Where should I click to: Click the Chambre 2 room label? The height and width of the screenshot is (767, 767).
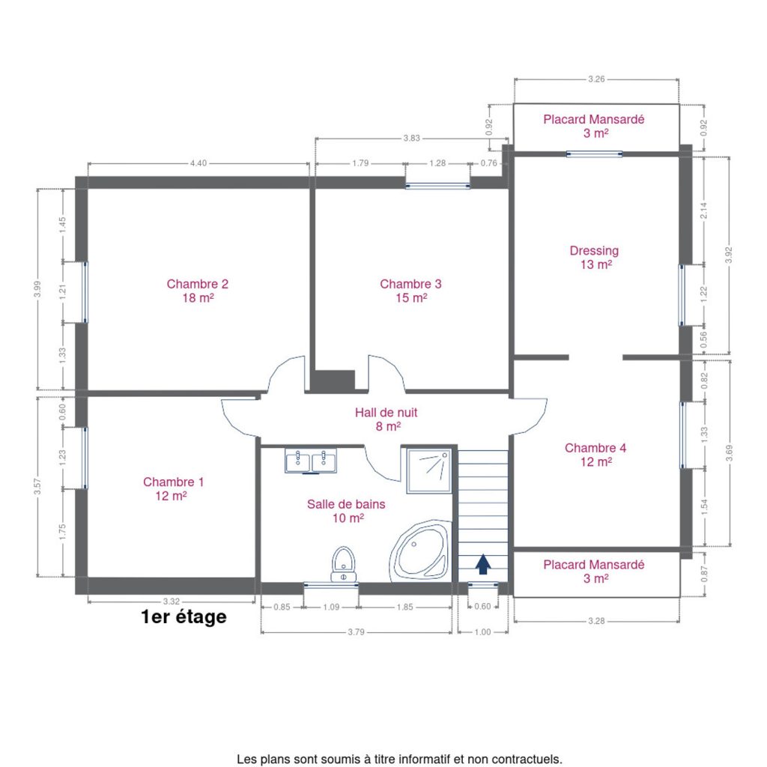click(198, 291)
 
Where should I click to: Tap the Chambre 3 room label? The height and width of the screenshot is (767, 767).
click(411, 291)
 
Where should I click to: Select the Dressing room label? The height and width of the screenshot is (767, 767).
click(594, 258)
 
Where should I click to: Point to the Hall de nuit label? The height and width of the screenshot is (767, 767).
click(386, 419)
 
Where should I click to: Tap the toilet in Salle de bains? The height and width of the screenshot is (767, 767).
click(343, 564)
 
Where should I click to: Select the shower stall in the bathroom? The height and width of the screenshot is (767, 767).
click(429, 470)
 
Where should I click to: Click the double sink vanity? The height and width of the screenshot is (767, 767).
click(311, 461)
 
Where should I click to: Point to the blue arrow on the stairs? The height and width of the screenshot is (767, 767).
click(483, 564)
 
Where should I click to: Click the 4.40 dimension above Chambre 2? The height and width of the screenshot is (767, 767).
click(198, 163)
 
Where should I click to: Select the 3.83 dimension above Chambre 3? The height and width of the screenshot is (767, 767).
click(411, 139)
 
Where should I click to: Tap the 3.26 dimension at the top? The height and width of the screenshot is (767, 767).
click(596, 79)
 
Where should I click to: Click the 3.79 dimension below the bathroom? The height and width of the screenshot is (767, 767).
click(356, 632)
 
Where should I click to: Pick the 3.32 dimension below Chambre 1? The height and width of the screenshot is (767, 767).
click(172, 601)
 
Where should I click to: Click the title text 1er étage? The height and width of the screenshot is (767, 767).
click(184, 617)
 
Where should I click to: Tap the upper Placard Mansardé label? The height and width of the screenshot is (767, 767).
click(594, 126)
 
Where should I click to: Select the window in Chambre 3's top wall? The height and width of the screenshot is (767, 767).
click(437, 186)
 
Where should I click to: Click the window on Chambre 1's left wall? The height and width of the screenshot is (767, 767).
click(85, 458)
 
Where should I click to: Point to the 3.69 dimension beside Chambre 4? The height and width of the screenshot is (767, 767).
click(729, 453)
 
